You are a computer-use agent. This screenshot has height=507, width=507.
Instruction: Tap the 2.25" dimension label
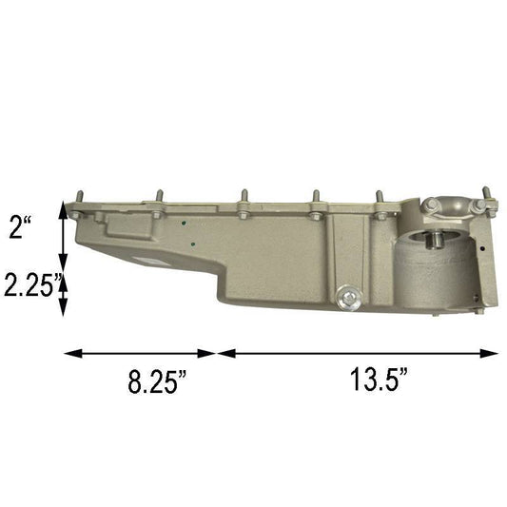tap(30, 284)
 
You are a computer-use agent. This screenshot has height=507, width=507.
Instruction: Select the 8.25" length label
tap(157, 383)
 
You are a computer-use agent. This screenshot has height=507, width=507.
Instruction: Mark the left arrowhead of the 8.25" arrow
tap(69, 353)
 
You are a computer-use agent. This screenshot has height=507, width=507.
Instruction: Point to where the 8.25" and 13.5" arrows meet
tap(218, 353)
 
